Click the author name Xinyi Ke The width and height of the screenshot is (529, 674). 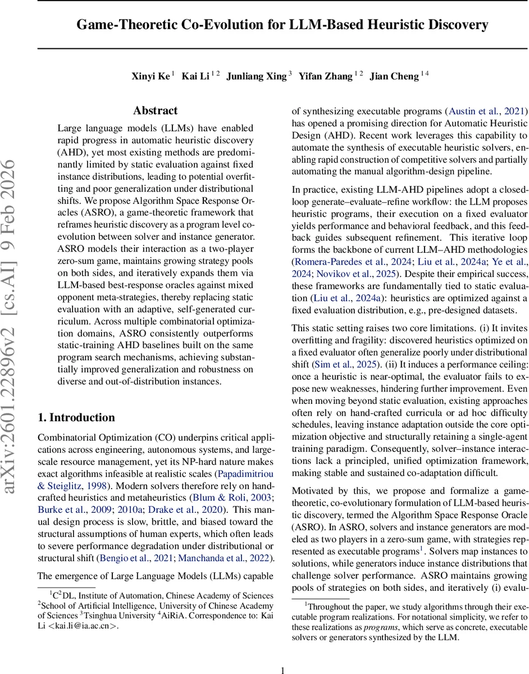click(151, 76)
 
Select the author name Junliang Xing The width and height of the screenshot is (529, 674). click(256, 76)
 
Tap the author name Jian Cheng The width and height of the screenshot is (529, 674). click(394, 76)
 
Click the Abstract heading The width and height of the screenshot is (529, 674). click(156, 111)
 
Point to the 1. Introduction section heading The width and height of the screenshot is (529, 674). click(76, 417)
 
